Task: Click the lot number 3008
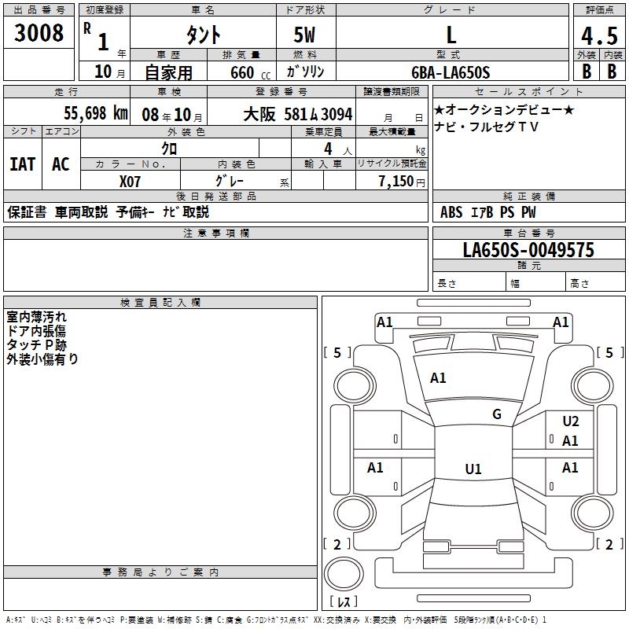(x=39, y=33)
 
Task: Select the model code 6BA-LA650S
(x=451, y=72)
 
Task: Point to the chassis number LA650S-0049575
(x=528, y=251)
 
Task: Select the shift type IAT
(x=22, y=164)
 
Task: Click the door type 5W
(x=305, y=35)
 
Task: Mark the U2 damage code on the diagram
(x=571, y=421)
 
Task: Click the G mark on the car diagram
(x=496, y=414)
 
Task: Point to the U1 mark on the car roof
(x=473, y=469)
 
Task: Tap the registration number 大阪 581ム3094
(x=303, y=114)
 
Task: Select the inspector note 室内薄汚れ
(x=37, y=317)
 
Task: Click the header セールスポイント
(x=507, y=91)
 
